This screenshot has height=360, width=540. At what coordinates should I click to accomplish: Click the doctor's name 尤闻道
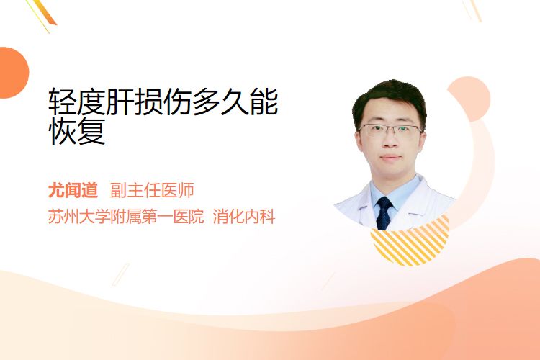pos(73,190)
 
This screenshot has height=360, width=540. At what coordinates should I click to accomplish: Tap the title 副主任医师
pos(152,190)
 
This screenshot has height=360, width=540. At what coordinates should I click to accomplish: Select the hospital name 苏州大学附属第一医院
pos(126,217)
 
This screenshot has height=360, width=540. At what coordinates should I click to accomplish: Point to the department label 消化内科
pos(244,217)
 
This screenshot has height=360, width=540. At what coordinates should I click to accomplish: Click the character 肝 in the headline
pos(120,102)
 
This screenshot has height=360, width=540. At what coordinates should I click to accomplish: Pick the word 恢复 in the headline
pos(77,131)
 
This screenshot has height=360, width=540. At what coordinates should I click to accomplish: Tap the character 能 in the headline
pos(264,102)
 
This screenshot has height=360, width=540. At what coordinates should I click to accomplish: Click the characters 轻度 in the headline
pos(77,102)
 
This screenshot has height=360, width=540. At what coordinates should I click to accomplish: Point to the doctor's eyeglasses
pos(390,130)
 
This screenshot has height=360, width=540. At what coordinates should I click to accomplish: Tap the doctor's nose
pos(390,140)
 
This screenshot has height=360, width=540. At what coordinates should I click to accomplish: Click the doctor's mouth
pos(391,158)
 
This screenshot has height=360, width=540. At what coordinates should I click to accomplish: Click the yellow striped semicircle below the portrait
pos(410,243)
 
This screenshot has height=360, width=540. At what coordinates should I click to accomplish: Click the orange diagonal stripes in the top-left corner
pos(42,14)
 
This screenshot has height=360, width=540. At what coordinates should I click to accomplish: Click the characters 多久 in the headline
pos(221,102)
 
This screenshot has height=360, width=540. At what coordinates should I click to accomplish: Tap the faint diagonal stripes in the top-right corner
pos(472,9)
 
